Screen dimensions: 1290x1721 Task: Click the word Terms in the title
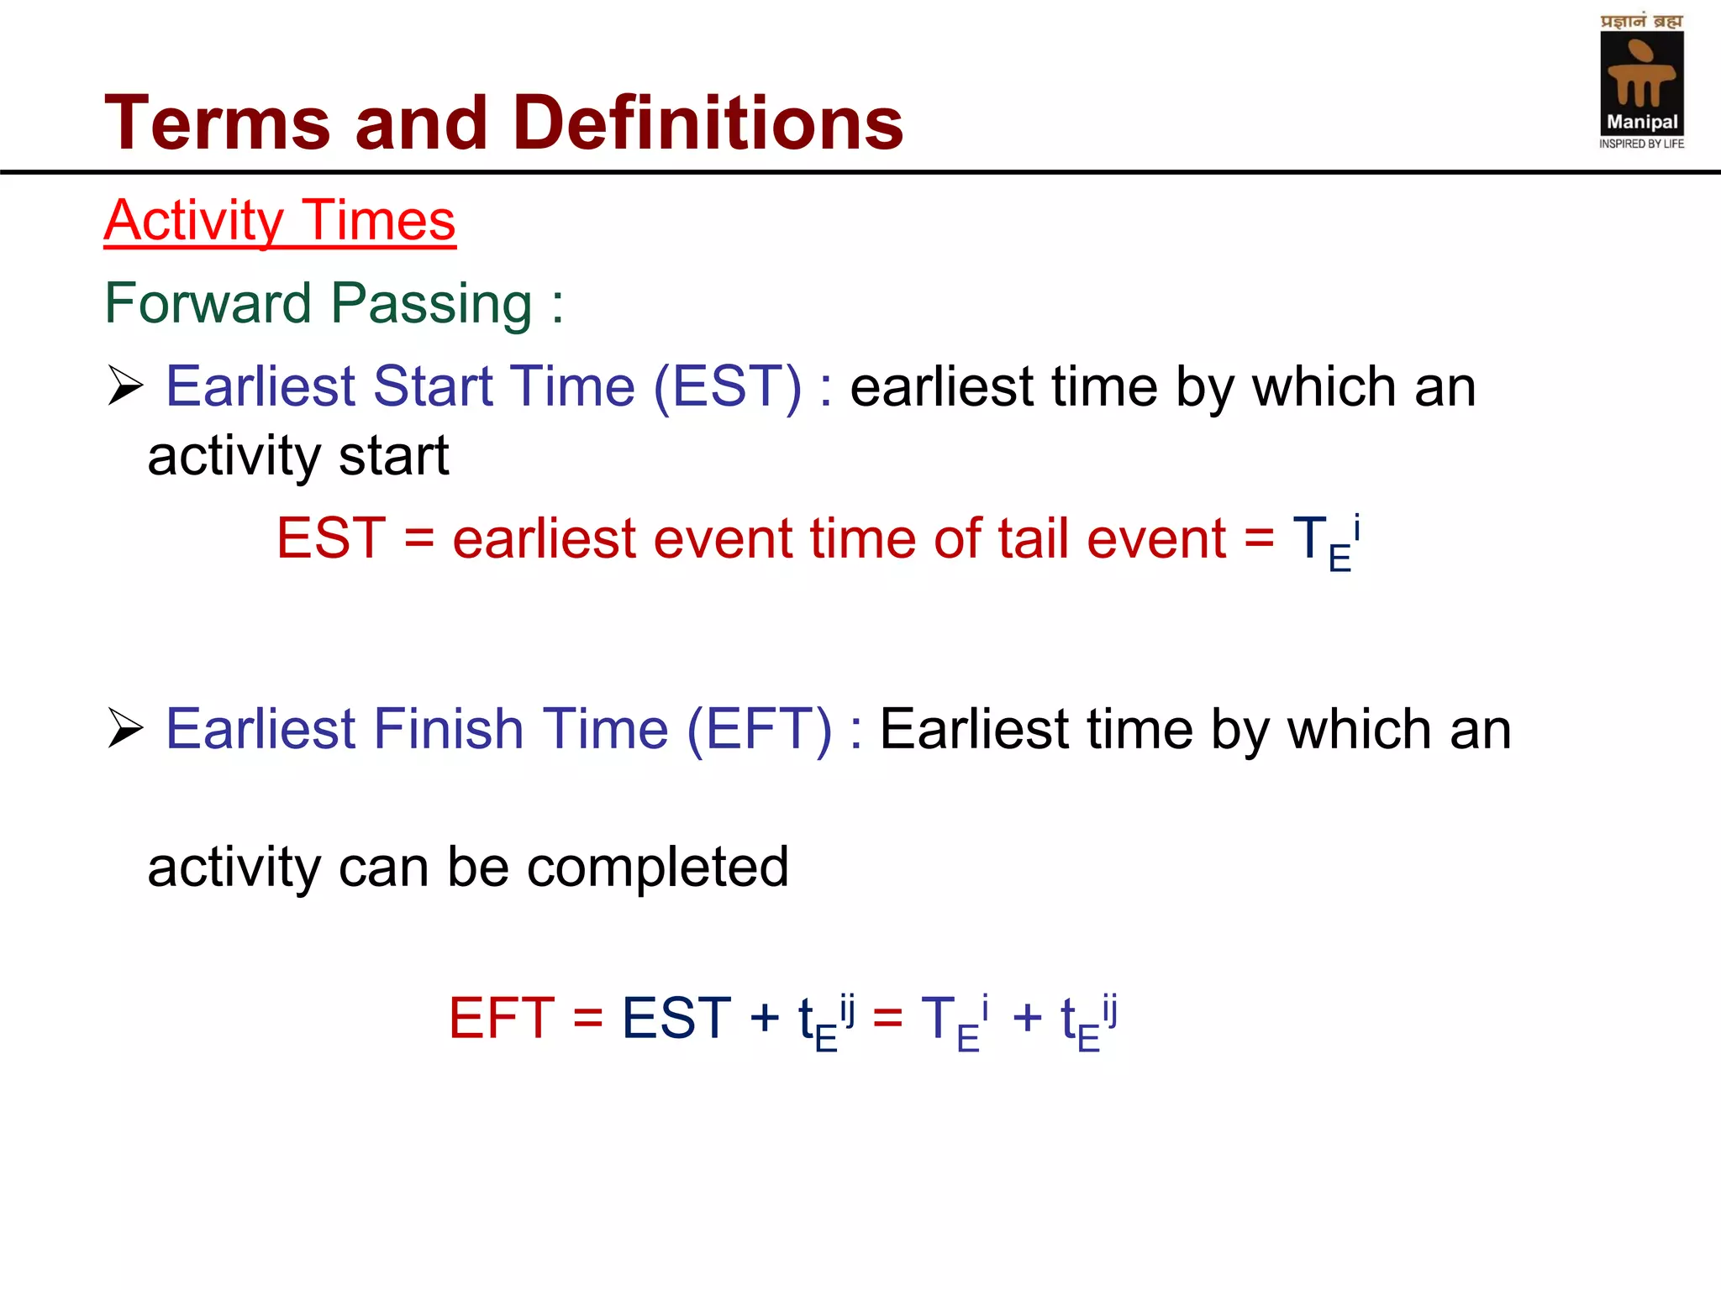(217, 123)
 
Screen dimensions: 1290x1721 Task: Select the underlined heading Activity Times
(279, 221)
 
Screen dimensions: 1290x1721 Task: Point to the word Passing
(431, 303)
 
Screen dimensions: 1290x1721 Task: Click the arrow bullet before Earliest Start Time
(126, 386)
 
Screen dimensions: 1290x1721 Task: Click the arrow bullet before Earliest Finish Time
(126, 728)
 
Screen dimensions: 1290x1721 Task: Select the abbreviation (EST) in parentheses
(727, 387)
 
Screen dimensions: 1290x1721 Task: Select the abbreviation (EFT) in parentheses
(759, 729)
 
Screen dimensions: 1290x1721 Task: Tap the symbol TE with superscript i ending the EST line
(1326, 542)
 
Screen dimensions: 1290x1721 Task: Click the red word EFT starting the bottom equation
(501, 1019)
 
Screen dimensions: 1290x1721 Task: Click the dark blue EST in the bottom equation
(676, 1019)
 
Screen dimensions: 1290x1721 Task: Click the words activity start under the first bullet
(298, 456)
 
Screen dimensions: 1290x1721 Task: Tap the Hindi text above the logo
(1641, 20)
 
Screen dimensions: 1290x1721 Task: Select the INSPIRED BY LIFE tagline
(1641, 144)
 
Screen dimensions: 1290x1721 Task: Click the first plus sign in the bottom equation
(765, 1019)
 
